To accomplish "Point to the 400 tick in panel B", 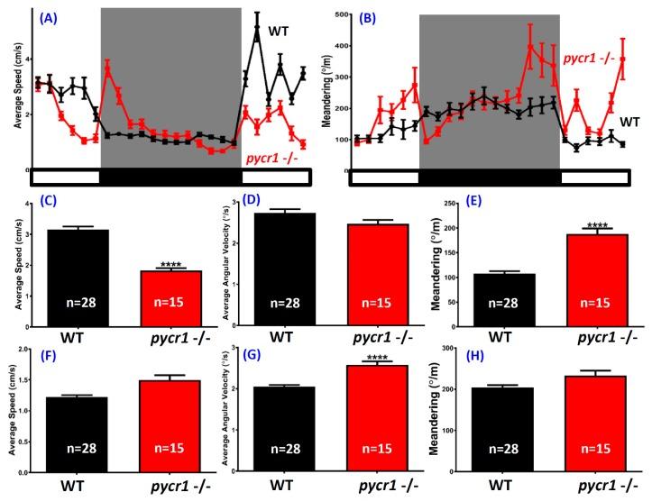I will (338, 15).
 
